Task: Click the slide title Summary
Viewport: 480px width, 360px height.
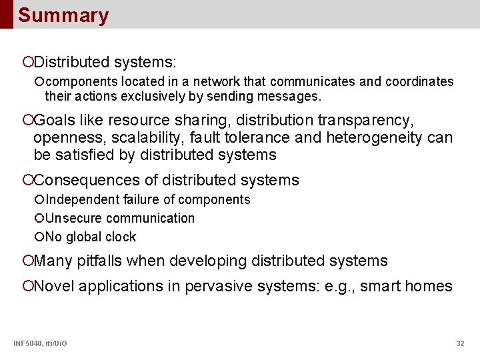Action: tap(63, 15)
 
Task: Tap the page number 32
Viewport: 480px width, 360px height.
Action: tap(460, 343)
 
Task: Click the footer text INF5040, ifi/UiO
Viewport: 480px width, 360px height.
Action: tap(40, 343)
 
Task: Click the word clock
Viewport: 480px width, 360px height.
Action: tap(120, 237)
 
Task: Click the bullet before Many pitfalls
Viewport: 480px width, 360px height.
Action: tap(27, 261)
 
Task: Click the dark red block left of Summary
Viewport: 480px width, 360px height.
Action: tap(6, 14)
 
